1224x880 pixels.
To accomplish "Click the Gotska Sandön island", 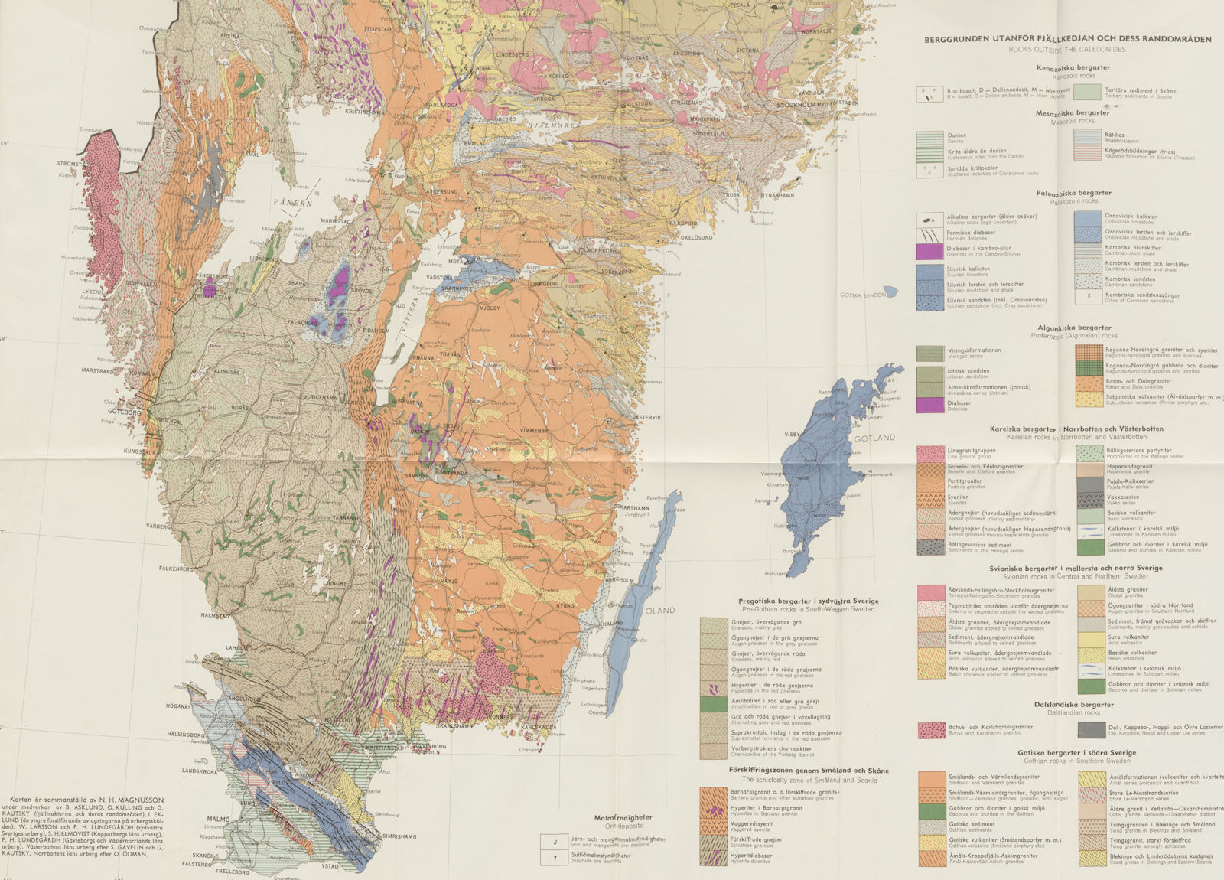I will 890,292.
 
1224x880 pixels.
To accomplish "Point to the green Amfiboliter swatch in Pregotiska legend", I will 713,704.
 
